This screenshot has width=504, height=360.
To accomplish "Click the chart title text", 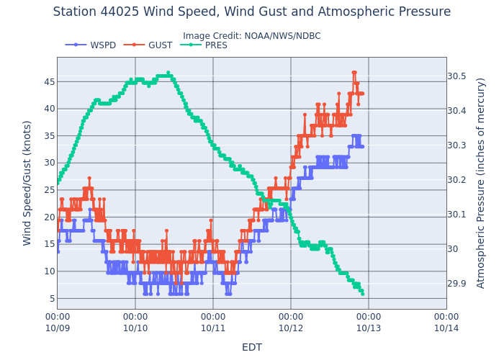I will click(x=252, y=12).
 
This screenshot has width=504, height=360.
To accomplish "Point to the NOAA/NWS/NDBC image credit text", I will click(x=252, y=36).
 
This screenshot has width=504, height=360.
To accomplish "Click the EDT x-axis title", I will click(x=252, y=347).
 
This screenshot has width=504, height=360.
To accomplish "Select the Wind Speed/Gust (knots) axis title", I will click(x=27, y=183).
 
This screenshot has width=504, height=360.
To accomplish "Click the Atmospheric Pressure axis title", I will click(x=481, y=183).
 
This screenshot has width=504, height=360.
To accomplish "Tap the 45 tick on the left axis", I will click(x=48, y=81).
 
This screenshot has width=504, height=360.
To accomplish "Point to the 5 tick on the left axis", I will click(x=50, y=298).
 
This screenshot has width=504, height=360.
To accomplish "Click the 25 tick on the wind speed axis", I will click(x=48, y=190).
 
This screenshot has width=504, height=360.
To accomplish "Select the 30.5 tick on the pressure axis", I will click(x=456, y=76).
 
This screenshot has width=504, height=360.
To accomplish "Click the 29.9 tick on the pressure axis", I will click(x=456, y=284).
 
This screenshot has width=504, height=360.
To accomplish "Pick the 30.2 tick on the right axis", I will click(x=456, y=180).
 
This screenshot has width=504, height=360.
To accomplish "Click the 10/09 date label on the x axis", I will click(x=58, y=328).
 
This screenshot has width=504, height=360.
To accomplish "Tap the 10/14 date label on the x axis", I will click(x=446, y=328).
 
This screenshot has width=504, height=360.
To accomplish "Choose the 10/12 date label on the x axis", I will click(x=291, y=328).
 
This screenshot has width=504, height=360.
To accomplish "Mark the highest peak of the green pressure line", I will click(x=168, y=73).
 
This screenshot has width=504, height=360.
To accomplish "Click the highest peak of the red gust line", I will click(x=354, y=73).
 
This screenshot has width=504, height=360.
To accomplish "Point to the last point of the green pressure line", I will click(x=362, y=294).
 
